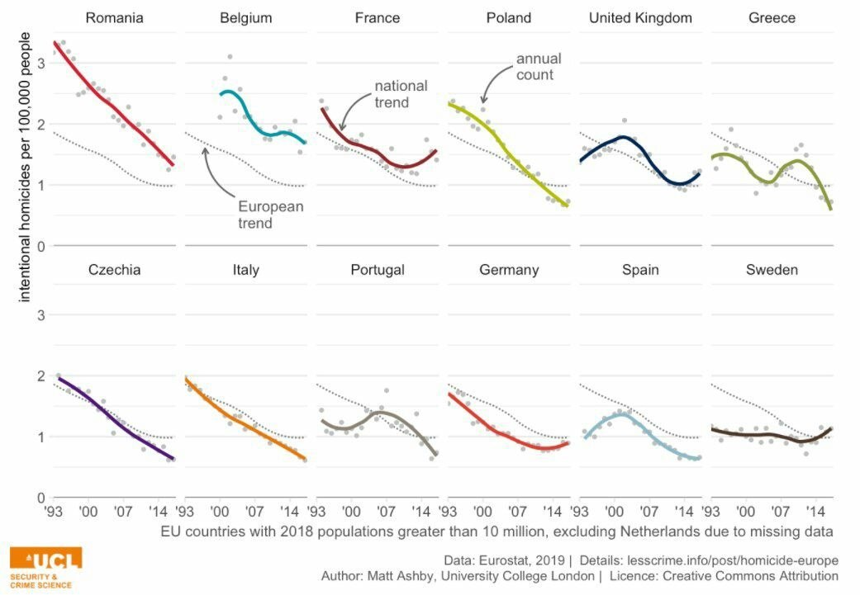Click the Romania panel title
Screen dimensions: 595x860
click(x=114, y=17)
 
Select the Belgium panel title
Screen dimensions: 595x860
click(x=245, y=17)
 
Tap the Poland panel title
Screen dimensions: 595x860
click(x=508, y=17)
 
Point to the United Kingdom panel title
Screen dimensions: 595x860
click(x=640, y=17)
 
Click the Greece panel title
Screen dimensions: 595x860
click(x=771, y=17)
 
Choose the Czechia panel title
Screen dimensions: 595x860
click(x=114, y=270)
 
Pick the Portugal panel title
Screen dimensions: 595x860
click(x=377, y=270)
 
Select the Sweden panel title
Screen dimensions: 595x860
click(x=771, y=270)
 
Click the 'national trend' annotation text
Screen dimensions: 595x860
click(x=401, y=93)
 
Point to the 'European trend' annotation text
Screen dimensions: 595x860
click(x=270, y=215)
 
